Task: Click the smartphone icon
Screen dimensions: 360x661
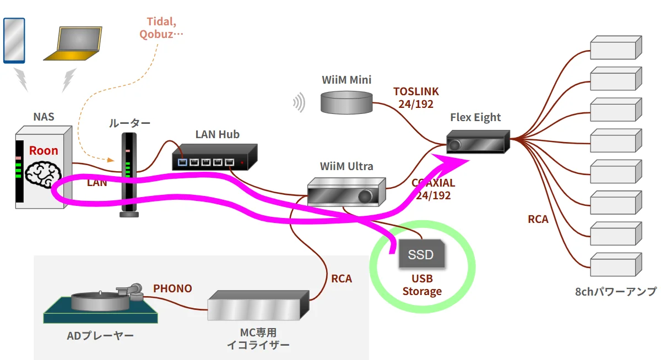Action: point(14,40)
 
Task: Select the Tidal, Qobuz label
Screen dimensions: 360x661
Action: point(161,28)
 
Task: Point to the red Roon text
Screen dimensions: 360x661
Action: point(44,150)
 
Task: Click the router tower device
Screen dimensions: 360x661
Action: point(128,175)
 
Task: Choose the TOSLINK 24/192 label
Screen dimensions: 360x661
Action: point(416,97)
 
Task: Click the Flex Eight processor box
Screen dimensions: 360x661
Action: point(478,141)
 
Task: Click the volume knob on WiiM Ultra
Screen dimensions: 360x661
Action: point(365,196)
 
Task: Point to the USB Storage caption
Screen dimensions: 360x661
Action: point(422,285)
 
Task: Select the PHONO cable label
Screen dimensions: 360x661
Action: point(172,288)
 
